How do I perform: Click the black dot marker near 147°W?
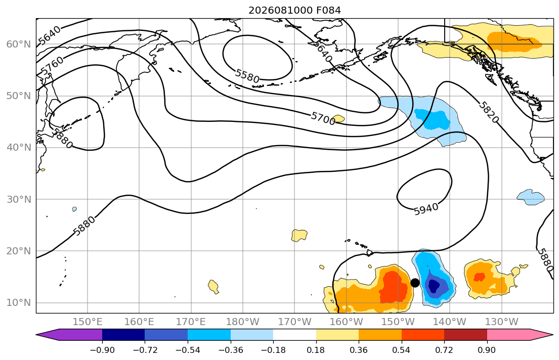[x=415, y=283]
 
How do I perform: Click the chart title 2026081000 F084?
[x=294, y=10]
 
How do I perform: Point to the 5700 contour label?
[x=323, y=118]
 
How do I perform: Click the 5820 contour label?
[x=488, y=112]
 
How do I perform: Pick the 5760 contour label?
[x=52, y=66]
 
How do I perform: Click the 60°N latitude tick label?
[x=19, y=44]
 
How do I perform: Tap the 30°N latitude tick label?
[x=19, y=199]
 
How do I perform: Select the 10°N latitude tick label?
[x=19, y=303]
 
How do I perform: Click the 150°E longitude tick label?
[x=88, y=322]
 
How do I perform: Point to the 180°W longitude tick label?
[x=243, y=322]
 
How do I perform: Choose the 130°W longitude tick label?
[x=502, y=322]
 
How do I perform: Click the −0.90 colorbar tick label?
[x=102, y=350]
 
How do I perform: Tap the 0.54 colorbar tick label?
[x=402, y=350]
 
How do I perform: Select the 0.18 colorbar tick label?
[x=316, y=350]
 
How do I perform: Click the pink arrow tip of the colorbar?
[x=552, y=335]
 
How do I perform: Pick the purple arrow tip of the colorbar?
[x=37, y=335]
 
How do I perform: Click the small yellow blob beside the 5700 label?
[x=338, y=118]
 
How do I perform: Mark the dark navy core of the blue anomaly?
[x=434, y=286]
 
